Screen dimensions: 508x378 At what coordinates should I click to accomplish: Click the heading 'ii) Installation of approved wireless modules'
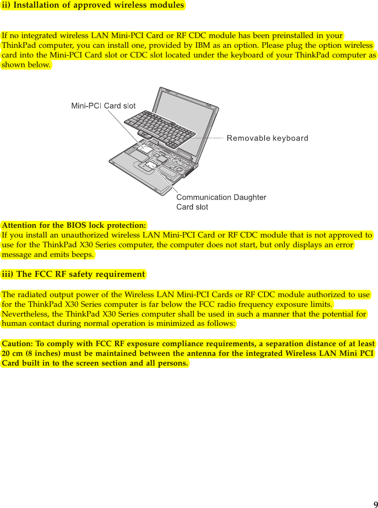[x=93, y=5]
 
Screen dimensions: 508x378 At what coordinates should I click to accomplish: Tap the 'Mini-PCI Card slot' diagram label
[x=103, y=106]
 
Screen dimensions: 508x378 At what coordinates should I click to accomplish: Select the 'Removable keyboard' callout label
[x=268, y=138]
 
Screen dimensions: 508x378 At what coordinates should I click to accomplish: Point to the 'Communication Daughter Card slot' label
[x=221, y=202]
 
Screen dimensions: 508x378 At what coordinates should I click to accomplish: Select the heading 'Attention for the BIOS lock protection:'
[x=74, y=225]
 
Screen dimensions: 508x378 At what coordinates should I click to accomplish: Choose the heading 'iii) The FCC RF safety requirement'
[x=73, y=274]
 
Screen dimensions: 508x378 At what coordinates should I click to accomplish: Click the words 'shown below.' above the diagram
[x=27, y=66]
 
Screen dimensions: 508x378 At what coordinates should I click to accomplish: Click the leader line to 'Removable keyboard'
[x=210, y=138]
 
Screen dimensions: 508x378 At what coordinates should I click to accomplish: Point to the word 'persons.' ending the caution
[x=175, y=363]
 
